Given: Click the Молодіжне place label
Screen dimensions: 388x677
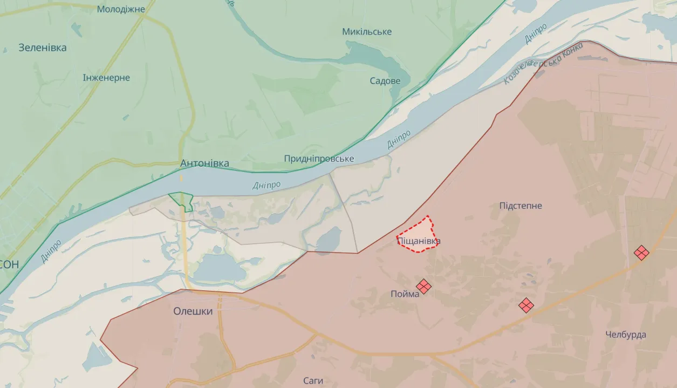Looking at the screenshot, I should pyautogui.click(x=121, y=9).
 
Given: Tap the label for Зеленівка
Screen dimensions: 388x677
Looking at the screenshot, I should pyautogui.click(x=43, y=47).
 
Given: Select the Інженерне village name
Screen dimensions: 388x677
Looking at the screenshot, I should pyautogui.click(x=106, y=78).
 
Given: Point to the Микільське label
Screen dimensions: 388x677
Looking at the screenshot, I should pyautogui.click(x=367, y=32).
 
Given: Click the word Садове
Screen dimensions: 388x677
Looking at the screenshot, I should pyautogui.click(x=385, y=81).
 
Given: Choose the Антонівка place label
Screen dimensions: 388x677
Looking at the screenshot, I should pyautogui.click(x=204, y=163).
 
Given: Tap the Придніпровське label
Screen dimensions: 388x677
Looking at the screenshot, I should pyautogui.click(x=319, y=159).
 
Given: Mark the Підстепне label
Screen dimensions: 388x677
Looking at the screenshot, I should pyautogui.click(x=521, y=206).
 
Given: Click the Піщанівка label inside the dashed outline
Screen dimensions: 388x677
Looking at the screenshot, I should pyautogui.click(x=419, y=241).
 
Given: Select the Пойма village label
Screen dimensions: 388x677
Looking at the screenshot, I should pyautogui.click(x=405, y=294).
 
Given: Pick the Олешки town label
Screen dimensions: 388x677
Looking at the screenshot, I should pyautogui.click(x=193, y=311).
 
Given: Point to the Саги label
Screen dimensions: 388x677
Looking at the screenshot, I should pyautogui.click(x=313, y=380).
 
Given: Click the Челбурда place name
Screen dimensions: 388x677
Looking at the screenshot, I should pyautogui.click(x=626, y=335).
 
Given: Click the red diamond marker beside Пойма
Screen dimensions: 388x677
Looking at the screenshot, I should pyautogui.click(x=423, y=287).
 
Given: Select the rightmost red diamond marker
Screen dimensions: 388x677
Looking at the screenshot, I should pyautogui.click(x=641, y=253).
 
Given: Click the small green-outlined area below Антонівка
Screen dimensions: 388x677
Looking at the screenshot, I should pyautogui.click(x=182, y=200).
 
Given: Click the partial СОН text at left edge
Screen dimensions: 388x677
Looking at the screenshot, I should pyautogui.click(x=9, y=264).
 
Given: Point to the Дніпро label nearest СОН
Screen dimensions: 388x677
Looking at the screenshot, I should pyautogui.click(x=51, y=251).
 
